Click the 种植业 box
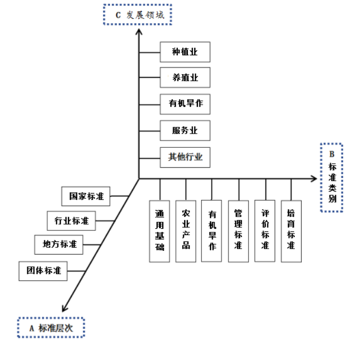click(185, 52)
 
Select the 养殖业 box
click(185, 78)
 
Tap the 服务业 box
click(185, 130)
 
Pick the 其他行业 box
click(185, 156)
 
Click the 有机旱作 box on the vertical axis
click(185, 104)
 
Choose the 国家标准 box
click(86, 197)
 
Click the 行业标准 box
click(72, 220)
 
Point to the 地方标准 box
click(59, 245)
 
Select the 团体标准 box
click(44, 271)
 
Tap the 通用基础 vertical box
click(159, 231)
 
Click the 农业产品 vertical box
click(186, 231)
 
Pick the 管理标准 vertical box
click(238, 231)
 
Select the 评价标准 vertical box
click(265, 231)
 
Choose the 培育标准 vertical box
click(291, 231)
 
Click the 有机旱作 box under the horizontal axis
click(212, 231)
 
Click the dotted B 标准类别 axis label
click(332, 177)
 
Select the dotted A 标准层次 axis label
click(51, 328)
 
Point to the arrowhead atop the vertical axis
click(139, 32)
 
